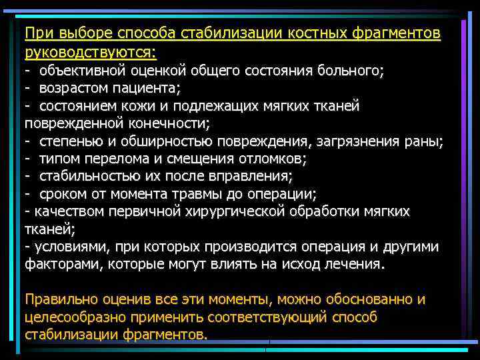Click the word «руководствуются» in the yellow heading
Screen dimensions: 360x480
click(90, 51)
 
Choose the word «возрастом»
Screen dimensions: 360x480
click(71, 89)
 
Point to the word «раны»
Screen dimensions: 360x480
click(423, 141)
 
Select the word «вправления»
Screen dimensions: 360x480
click(252, 177)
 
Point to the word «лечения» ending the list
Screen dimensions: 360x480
click(357, 263)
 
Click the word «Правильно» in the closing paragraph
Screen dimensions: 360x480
click(58, 299)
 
